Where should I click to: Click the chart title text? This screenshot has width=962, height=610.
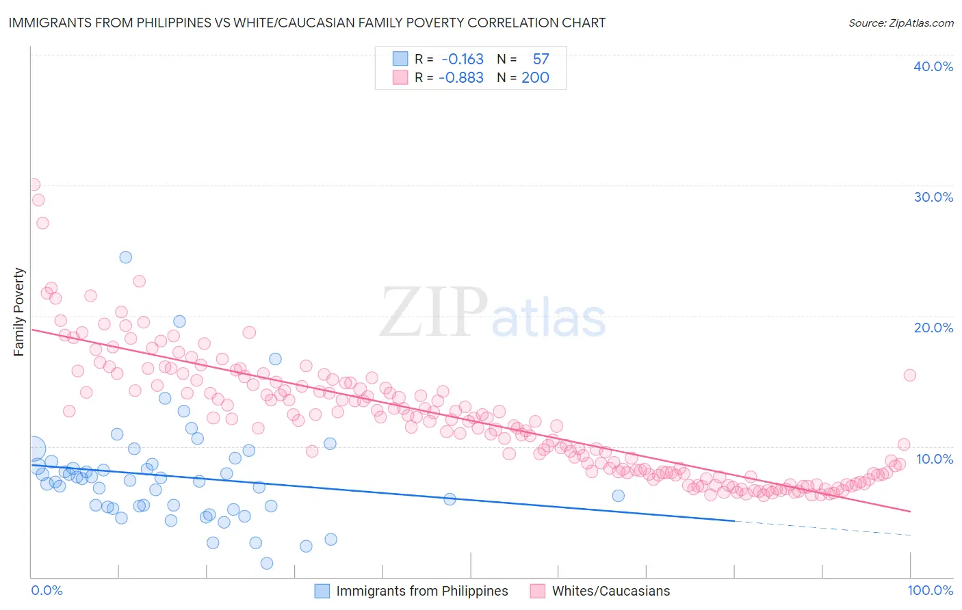tap(307, 23)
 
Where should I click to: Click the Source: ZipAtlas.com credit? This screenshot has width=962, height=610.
tap(900, 23)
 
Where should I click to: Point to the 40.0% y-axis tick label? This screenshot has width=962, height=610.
tap(933, 66)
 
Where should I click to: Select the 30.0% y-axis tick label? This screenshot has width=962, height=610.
tap(933, 197)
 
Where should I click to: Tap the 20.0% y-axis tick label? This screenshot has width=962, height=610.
tap(933, 328)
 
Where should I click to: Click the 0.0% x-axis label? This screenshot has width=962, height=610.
tap(47, 590)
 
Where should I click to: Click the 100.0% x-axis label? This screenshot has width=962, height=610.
tap(931, 590)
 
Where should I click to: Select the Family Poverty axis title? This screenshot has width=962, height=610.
tap(19, 312)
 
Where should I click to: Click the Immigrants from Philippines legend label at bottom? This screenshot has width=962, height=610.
tap(421, 591)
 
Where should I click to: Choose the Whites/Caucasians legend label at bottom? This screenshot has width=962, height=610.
tap(611, 591)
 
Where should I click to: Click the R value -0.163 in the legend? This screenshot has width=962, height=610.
tap(463, 59)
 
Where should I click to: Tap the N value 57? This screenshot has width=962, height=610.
tap(541, 59)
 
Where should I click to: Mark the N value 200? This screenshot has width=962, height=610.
tap(535, 78)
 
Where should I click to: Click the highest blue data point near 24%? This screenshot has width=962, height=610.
tap(126, 257)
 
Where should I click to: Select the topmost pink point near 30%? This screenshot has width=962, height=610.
tap(34, 185)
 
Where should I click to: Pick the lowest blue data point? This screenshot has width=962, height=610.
tap(267, 563)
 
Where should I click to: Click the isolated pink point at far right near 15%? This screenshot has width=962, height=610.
tap(910, 375)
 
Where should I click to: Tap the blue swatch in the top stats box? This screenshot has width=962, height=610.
tap(400, 59)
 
